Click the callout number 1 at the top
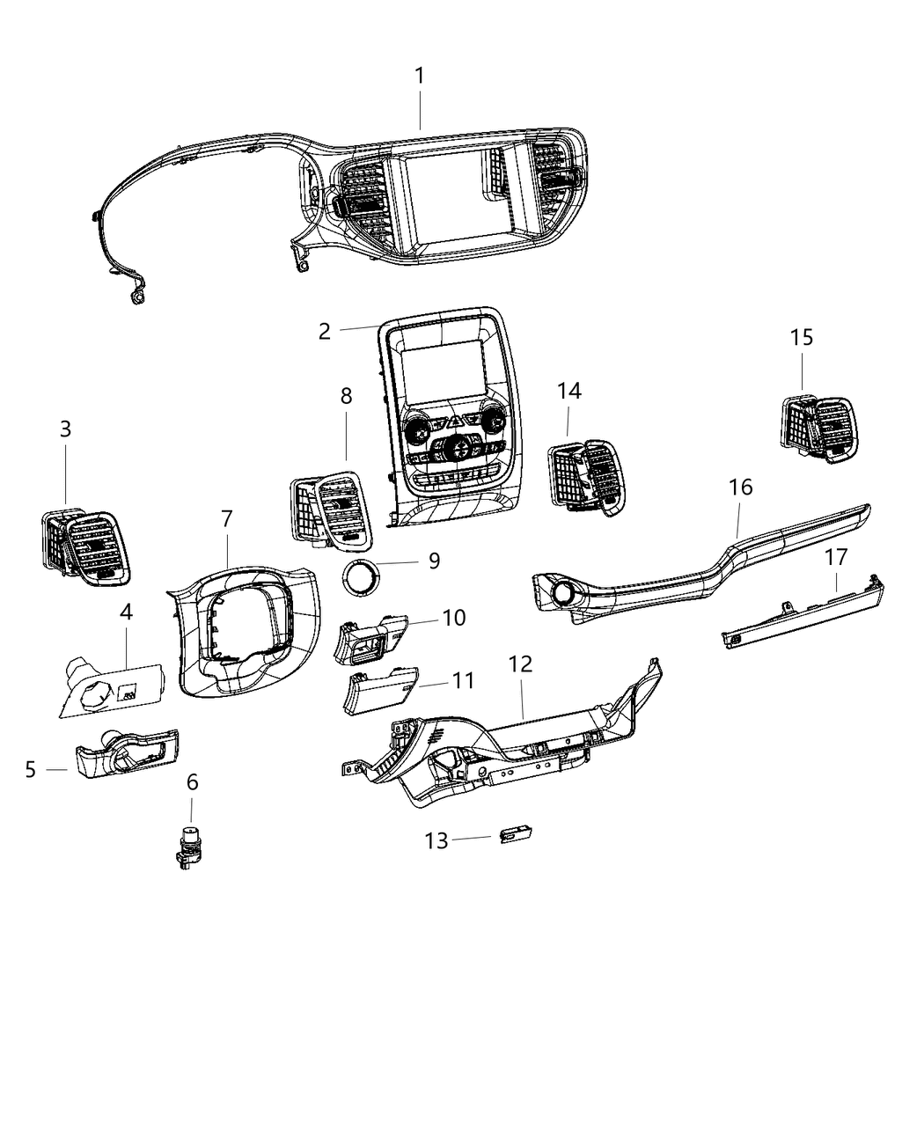tap(420, 77)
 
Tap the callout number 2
tap(325, 332)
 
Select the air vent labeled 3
tap(86, 547)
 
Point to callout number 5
tap(31, 770)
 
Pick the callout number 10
tap(453, 619)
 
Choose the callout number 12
tap(521, 664)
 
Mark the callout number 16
tap(741, 487)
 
